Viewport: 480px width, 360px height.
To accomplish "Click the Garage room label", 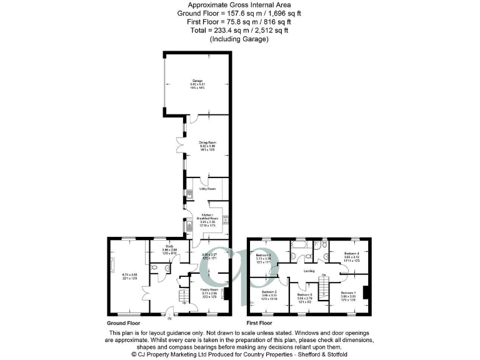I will pos(198,81).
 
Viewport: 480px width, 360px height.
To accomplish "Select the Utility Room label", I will pos(207,188).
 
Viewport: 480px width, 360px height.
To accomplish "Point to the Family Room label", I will pos(209,290).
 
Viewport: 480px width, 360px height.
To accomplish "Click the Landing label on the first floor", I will pos(309,271).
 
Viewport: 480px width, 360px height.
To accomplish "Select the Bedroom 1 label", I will pos(349,292).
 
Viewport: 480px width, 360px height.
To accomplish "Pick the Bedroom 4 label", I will pos(352,252).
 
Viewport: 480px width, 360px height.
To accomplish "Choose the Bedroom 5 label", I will pos(304,294).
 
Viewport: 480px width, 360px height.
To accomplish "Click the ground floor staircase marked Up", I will pos(183,297).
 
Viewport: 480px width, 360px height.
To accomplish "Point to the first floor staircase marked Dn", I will pos(324,288).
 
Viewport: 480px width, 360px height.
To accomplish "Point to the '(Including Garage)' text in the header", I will pos(240,39).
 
